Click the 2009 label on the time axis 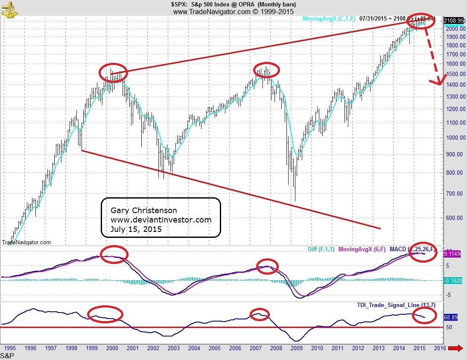(x=297, y=348)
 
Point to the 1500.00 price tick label (x=455, y=74)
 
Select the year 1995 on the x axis (x=10, y=348)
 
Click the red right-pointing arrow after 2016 (x=456, y=348)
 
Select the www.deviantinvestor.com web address (x=161, y=220)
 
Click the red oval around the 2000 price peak (x=113, y=72)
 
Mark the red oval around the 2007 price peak (x=266, y=69)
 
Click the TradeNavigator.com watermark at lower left (x=27, y=242)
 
